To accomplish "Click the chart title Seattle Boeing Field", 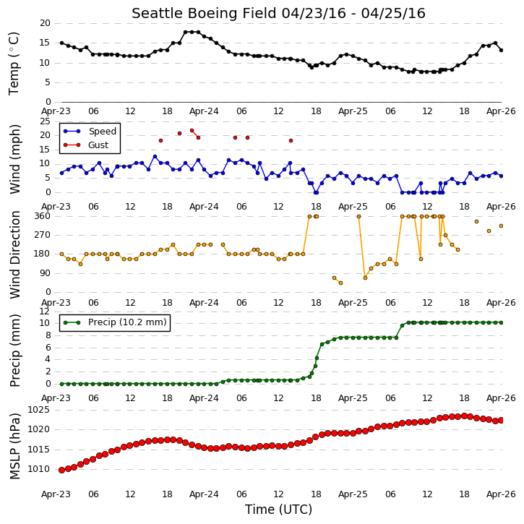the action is (204, 14).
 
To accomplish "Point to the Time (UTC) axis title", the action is (278, 510).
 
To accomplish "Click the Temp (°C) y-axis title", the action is (14, 64).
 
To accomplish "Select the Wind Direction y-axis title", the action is (14, 254).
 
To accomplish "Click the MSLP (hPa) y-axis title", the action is (14, 446).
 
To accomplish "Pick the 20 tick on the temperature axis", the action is (45, 23).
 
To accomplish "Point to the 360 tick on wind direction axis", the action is (43, 216).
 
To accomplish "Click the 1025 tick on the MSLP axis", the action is (39, 410).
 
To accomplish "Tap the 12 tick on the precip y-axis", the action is (45, 312).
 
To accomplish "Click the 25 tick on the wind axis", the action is (45, 121).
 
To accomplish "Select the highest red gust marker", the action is (192, 131).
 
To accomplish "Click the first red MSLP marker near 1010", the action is (62, 471).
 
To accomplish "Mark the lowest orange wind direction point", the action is (340, 283).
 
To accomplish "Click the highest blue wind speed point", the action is (155, 156).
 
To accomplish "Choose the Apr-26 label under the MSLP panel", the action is (501, 494).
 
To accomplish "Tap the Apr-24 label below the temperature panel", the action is (204, 111).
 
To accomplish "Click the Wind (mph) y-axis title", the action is (14, 159).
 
